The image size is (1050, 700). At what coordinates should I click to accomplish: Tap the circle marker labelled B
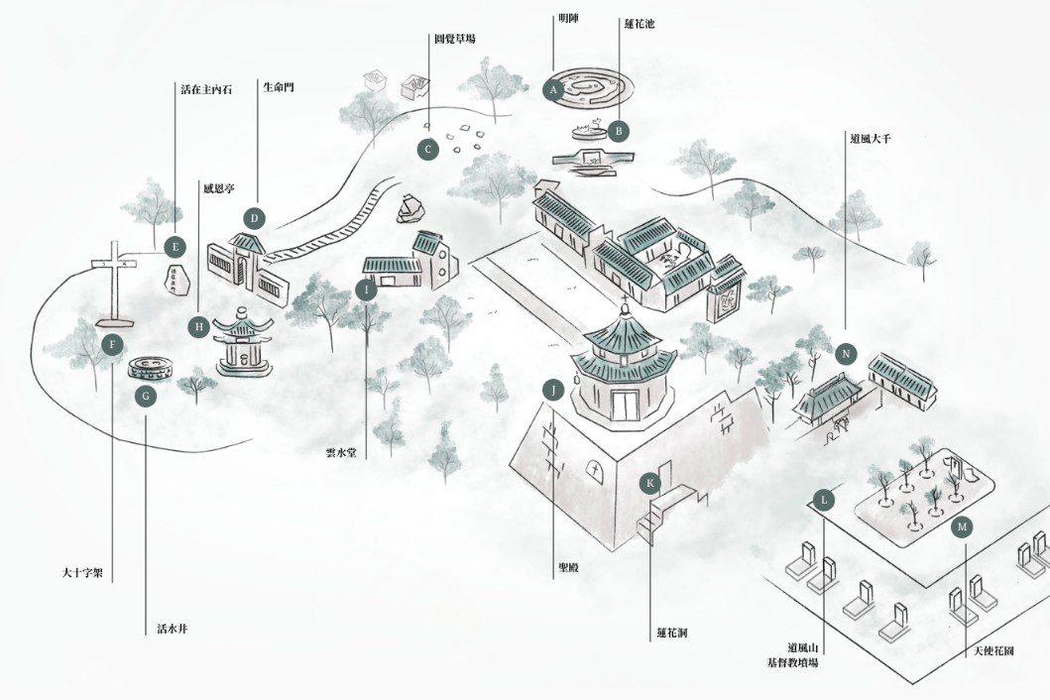pos(618,130)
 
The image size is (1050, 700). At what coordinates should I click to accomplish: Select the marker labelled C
pos(427,151)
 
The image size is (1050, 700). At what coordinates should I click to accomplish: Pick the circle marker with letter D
pos(254,218)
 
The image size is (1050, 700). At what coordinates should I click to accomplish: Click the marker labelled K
pos(650,483)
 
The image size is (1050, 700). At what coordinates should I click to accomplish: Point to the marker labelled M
pos(961,527)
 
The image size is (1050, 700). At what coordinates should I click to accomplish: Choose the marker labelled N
pos(846,354)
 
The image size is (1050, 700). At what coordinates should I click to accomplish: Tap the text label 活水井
pos(173,628)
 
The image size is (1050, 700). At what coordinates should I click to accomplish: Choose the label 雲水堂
pos(340,453)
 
